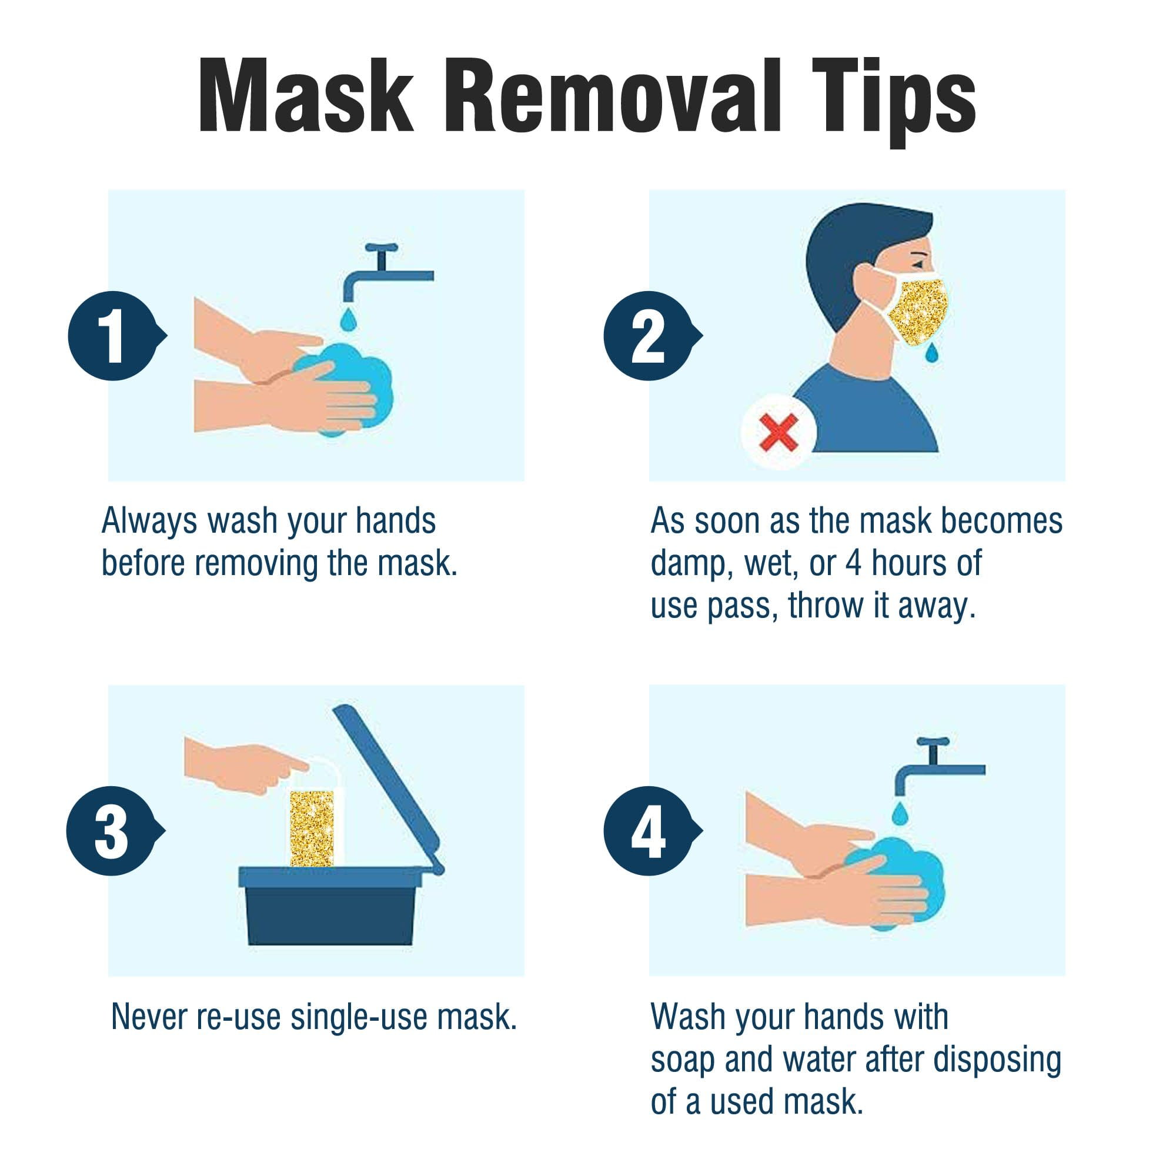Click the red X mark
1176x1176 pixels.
pos(779,432)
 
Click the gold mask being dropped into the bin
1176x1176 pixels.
pos(312,827)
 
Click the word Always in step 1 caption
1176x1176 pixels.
pos(150,522)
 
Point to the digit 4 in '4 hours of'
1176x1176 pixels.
pos(853,563)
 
